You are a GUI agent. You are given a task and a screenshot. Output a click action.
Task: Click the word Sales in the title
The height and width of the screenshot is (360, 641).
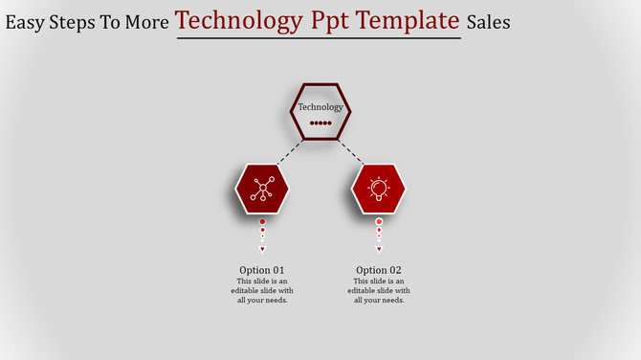pyautogui.click(x=488, y=21)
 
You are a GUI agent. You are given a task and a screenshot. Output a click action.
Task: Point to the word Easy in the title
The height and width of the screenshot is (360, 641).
pyautogui.click(x=27, y=22)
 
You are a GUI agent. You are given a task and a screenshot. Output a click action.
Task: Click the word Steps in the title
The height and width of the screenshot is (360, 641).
pyautogui.click(x=80, y=22)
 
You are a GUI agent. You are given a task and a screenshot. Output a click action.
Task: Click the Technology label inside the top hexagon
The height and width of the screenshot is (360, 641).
pyautogui.click(x=320, y=107)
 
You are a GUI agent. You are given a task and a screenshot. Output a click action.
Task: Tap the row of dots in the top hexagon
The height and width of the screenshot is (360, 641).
pyautogui.click(x=320, y=124)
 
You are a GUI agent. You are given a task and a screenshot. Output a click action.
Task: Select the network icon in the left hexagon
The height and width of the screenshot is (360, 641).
pyautogui.click(x=262, y=189)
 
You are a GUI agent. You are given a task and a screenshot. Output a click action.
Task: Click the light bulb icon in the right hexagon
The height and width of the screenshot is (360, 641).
pyautogui.click(x=379, y=189)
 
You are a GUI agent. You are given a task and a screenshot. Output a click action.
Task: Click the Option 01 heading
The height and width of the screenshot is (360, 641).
pyautogui.click(x=262, y=270)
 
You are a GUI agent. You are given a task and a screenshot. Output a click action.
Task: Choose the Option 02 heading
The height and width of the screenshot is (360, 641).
pyautogui.click(x=379, y=270)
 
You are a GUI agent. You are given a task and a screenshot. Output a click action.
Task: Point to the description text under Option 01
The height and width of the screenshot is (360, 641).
pyautogui.click(x=262, y=291)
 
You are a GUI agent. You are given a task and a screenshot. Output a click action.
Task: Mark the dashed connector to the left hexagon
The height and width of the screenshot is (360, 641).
pyautogui.click(x=289, y=151)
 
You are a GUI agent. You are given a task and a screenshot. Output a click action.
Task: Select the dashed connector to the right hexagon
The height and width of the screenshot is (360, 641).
pyautogui.click(x=352, y=151)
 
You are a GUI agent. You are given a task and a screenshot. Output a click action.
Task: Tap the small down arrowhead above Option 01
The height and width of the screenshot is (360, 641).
pyautogui.click(x=262, y=249)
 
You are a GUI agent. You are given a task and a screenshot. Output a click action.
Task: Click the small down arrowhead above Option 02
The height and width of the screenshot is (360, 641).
pyautogui.click(x=379, y=249)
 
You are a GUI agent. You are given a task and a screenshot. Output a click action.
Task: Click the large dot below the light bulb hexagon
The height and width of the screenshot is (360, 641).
pyautogui.click(x=379, y=221)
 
